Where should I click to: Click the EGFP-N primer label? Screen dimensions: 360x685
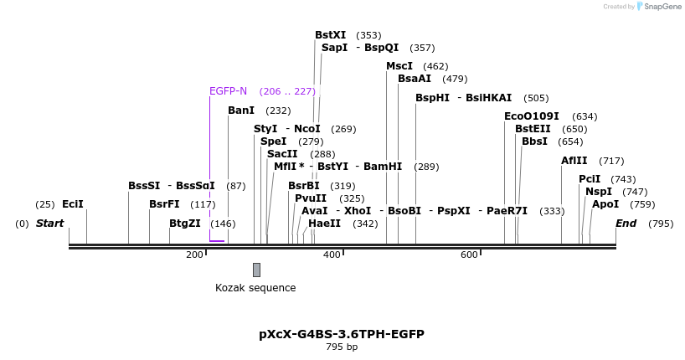(228, 91)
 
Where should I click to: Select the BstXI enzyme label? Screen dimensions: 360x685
(330, 35)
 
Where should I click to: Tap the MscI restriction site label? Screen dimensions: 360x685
(399, 66)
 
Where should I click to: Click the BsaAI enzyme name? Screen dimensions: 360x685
(414, 79)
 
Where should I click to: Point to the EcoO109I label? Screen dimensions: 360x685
(531, 116)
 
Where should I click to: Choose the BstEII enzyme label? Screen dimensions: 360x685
(533, 129)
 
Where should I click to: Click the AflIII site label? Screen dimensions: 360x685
(574, 161)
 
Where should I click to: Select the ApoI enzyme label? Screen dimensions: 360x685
(605, 204)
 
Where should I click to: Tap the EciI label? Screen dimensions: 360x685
(73, 204)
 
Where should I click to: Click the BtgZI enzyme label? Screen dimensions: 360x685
(184, 224)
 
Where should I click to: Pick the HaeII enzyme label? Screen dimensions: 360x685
(324, 224)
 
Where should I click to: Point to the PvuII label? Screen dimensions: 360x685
(310, 198)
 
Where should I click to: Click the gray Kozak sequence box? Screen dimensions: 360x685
(256, 270)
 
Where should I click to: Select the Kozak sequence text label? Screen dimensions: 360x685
(255, 288)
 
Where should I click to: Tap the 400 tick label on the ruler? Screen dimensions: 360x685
(332, 255)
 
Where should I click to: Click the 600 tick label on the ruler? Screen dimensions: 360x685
(469, 255)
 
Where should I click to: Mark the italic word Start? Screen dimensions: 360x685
(49, 224)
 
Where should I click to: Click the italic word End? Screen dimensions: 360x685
(626, 224)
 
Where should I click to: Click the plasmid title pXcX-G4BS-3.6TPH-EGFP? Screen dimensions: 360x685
(342, 334)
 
